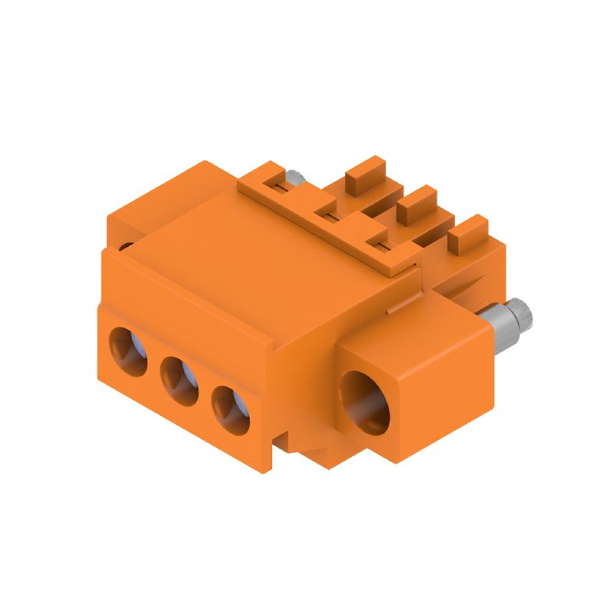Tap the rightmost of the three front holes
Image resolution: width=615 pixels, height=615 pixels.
click(230, 407)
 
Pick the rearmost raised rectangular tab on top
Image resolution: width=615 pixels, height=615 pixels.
click(364, 175)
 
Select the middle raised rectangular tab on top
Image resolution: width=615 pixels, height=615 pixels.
click(416, 203)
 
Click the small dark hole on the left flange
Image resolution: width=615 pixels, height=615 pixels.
click(126, 247)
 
